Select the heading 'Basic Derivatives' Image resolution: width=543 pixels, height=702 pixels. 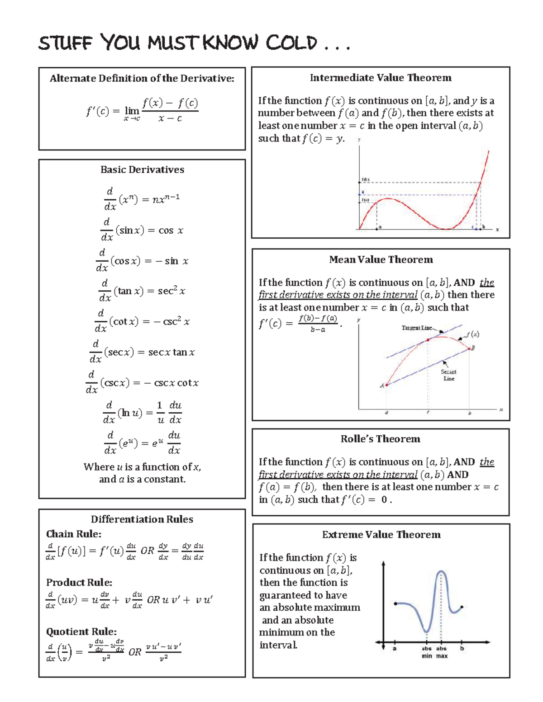pos(142,170)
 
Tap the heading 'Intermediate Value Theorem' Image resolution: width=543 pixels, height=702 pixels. pos(381,78)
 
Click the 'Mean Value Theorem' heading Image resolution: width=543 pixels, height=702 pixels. pos(381,259)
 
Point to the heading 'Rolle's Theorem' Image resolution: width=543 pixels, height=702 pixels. pos(380,439)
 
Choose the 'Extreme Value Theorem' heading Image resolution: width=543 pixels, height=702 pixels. pos(381,535)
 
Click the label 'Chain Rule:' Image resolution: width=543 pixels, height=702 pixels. pos(74,534)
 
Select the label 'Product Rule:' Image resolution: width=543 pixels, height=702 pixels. pos(79,582)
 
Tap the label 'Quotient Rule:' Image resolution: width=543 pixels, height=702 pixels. pos(81,631)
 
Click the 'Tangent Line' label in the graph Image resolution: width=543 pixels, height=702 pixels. pos(416,328)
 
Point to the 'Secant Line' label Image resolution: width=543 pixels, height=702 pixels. pos(448,375)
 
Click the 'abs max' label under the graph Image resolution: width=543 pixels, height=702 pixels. pos(442,652)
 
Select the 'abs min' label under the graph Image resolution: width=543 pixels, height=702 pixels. pos(427,652)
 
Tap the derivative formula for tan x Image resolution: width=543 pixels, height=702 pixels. pos(142,291)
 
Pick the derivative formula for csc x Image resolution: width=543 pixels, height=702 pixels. pos(142,382)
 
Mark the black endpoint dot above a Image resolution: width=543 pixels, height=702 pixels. pos(395,603)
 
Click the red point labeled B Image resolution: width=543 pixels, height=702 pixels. pos(470,349)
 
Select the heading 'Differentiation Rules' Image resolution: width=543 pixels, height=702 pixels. pos(142,519)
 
